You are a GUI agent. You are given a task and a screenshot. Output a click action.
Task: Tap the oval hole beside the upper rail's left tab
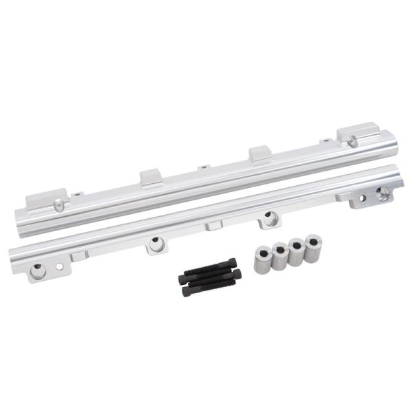60,206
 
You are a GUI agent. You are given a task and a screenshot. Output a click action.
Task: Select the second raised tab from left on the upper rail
151,177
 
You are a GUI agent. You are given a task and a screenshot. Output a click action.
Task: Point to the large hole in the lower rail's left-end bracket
39,271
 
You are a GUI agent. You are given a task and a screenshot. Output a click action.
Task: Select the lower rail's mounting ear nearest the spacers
269,219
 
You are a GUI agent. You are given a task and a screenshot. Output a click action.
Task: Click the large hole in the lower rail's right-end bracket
382,191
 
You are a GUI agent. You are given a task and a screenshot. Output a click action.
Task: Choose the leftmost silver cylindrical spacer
263,260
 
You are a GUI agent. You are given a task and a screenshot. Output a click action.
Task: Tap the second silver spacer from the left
280,256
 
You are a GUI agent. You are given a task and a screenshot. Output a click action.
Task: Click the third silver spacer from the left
297,252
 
